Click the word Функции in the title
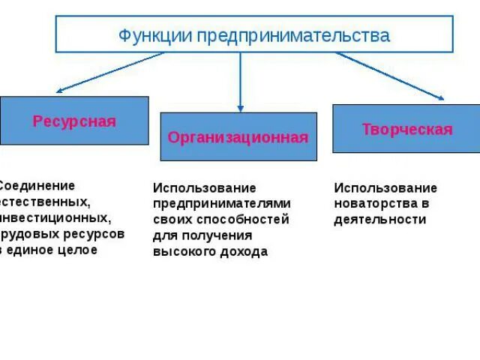click(x=147, y=35)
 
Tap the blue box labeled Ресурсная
click(x=74, y=121)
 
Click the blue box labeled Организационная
click(x=238, y=137)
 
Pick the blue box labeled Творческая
click(x=406, y=129)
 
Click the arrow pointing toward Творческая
click(x=390, y=76)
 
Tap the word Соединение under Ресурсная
click(x=38, y=185)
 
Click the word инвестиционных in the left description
click(x=56, y=218)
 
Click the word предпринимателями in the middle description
click(x=221, y=203)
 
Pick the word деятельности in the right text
click(x=379, y=220)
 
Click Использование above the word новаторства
click(x=385, y=187)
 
